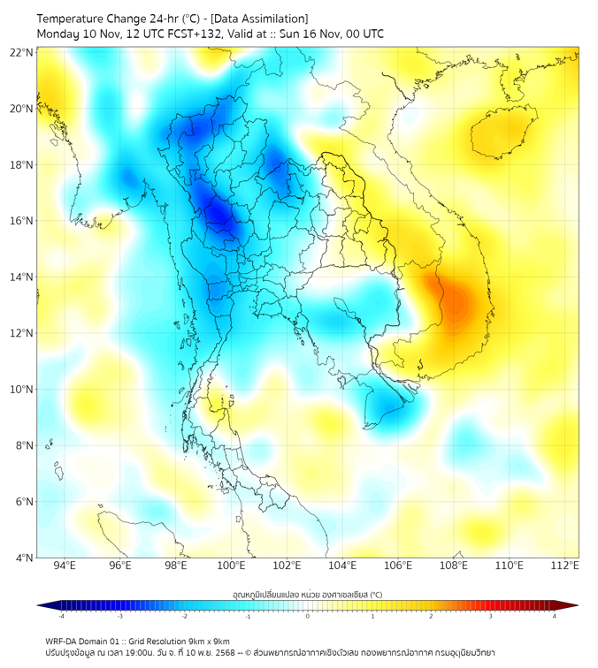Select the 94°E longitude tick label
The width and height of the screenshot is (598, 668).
coord(65,566)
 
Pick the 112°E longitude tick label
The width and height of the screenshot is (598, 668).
coord(564,566)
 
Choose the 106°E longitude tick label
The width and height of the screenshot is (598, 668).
coord(398,566)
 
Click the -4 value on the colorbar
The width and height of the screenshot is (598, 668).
coord(61,616)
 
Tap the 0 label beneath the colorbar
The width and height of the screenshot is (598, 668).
coord(308,616)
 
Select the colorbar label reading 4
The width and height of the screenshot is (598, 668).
coord(555,616)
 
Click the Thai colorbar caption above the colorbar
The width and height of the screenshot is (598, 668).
coord(307,594)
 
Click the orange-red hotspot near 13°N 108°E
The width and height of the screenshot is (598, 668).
coord(455,303)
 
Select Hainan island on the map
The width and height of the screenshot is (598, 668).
coord(502,133)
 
